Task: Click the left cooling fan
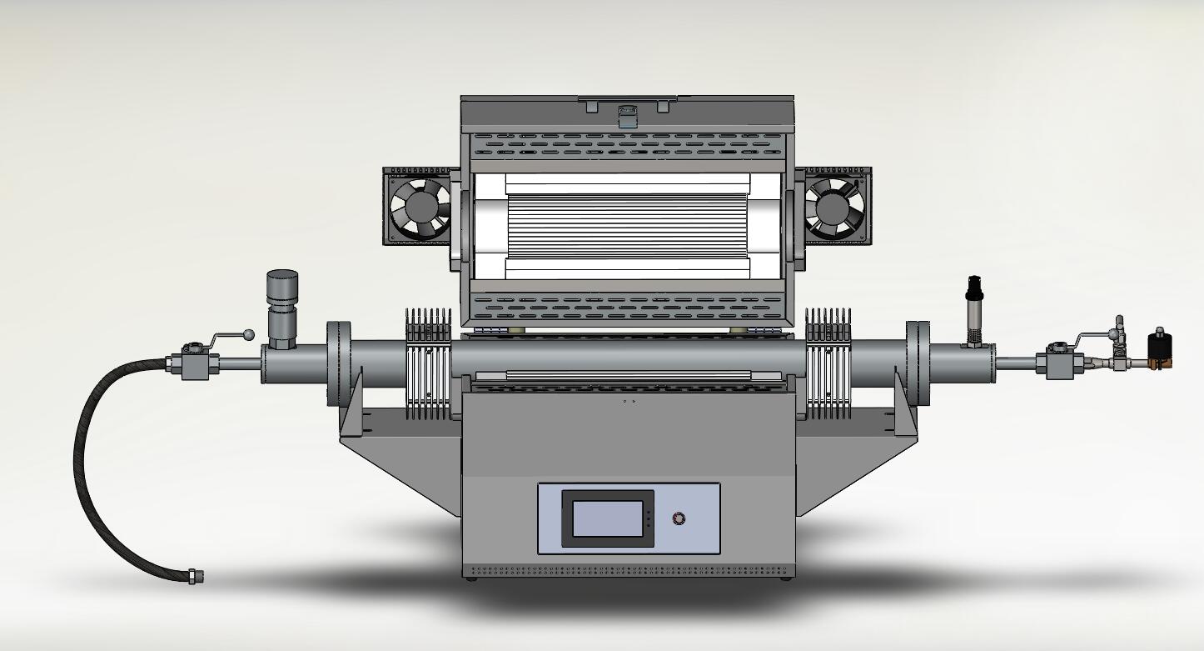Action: pos(420,208)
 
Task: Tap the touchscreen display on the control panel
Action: pos(607,518)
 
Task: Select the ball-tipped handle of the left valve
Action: pos(247,334)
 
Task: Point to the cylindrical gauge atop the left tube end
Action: pos(282,288)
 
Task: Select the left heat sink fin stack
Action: pos(428,363)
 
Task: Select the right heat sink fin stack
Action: pos(828,363)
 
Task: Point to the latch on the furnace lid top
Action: pos(627,112)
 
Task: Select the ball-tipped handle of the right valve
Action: pos(1113,334)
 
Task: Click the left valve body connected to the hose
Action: pos(197,364)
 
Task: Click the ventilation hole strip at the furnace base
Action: pos(628,572)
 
